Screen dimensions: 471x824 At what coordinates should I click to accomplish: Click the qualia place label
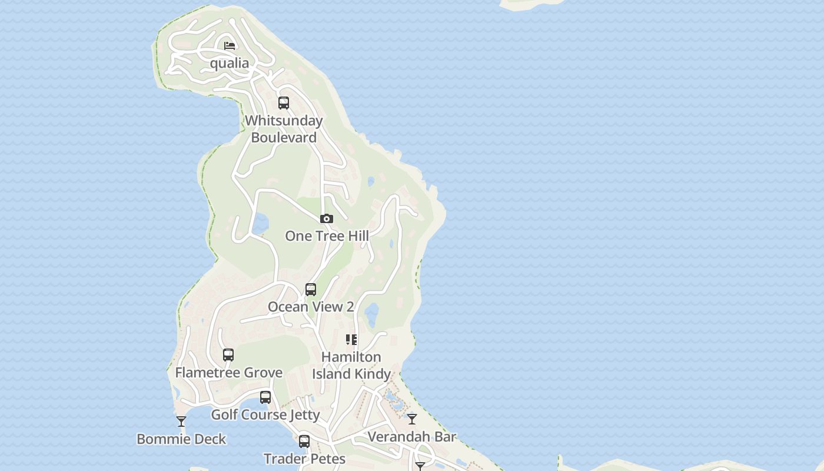point(230,63)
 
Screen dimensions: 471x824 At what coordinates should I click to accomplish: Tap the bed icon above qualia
point(230,46)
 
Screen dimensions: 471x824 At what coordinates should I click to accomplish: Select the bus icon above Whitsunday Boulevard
point(284,103)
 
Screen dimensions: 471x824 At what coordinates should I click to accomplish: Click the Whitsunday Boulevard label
point(284,129)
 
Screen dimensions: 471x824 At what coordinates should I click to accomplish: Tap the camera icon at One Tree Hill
point(327,218)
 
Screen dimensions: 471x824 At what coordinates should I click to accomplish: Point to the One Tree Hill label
point(327,236)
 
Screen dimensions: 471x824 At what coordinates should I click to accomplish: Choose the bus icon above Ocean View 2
point(311,290)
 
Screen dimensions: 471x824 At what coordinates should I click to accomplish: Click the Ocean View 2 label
point(311,307)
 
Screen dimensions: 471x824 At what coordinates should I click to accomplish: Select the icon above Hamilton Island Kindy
point(351,340)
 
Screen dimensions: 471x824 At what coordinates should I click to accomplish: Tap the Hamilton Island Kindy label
point(351,365)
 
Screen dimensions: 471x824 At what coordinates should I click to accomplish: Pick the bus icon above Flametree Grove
point(228,355)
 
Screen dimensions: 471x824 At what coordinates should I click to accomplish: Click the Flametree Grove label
point(229,373)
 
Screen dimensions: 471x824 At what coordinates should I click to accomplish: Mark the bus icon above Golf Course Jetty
point(265,397)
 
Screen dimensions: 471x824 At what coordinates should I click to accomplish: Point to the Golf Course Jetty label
point(265,414)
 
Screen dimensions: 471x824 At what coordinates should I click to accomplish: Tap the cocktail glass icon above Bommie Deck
point(181,422)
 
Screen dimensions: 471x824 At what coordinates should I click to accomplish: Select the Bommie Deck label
point(181,439)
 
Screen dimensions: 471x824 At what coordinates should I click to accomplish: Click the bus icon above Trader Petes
point(304,441)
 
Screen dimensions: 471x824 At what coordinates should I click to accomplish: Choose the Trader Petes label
point(304,459)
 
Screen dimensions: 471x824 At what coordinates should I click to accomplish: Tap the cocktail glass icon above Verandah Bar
point(412,419)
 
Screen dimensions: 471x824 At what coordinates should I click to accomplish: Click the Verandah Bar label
point(412,437)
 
